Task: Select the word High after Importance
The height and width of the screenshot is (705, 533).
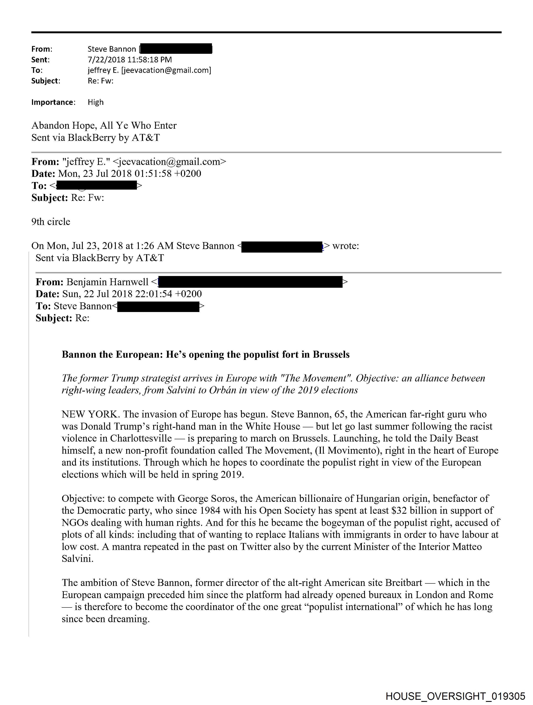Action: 96,102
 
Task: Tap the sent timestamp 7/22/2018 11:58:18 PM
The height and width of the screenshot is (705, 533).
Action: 130,60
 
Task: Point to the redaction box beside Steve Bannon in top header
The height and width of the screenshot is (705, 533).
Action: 176,49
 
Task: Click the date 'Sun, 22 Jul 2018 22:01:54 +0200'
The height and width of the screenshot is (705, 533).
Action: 132,294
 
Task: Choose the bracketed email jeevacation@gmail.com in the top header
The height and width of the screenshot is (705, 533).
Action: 166,70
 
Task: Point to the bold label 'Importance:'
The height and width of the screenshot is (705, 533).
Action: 53,102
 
